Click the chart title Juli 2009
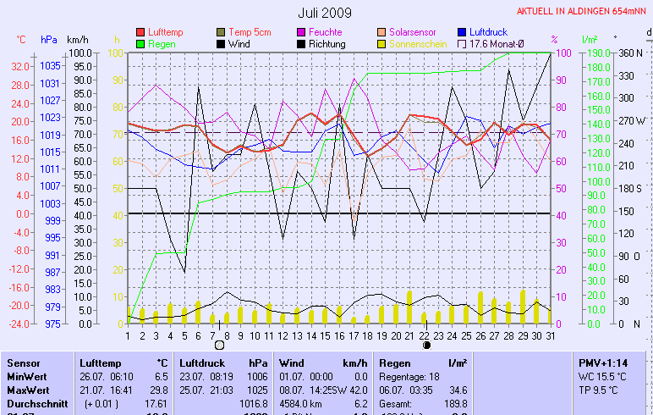[326, 13]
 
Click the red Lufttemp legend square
[140, 32]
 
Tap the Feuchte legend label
[325, 32]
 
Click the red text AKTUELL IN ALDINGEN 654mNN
[583, 12]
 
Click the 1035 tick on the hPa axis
[50, 65]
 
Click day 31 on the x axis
[550, 335]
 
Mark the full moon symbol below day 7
[220, 346]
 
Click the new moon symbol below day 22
[426, 346]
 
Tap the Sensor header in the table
[23, 362]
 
